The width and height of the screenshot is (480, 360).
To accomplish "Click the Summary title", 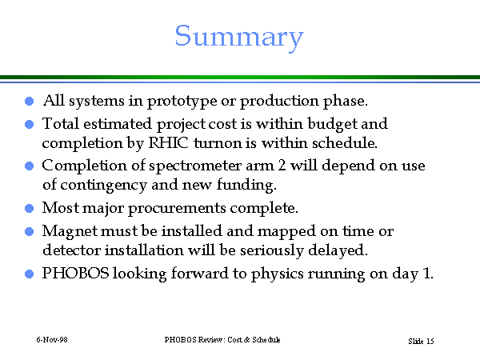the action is [239, 38].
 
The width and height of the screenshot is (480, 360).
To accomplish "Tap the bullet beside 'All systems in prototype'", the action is [29, 102].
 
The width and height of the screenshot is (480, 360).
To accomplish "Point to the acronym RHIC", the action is [168, 142].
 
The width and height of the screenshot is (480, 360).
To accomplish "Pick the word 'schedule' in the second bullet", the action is [344, 142].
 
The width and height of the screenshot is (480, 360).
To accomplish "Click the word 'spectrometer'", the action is [195, 166].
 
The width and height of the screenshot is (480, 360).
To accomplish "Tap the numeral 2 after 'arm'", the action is [282, 166].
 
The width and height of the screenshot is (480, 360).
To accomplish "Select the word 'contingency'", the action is [103, 186].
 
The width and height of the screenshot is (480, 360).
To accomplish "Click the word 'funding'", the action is [246, 185].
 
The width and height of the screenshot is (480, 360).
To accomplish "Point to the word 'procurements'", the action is [177, 209].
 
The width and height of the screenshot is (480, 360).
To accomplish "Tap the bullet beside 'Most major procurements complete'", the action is [29, 209].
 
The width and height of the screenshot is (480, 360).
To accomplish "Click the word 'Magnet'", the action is [70, 231].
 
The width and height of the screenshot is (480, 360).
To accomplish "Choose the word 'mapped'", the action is [286, 232].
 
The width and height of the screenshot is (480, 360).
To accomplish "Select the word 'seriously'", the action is [271, 250].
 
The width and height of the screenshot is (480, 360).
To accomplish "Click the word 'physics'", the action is [277, 274].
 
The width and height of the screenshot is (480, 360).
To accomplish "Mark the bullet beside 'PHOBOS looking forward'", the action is [29, 274].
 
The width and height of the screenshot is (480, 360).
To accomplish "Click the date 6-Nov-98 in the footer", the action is [52, 340].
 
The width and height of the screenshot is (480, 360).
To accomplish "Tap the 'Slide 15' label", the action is [421, 341].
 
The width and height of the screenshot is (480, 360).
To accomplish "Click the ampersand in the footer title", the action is [246, 340].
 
